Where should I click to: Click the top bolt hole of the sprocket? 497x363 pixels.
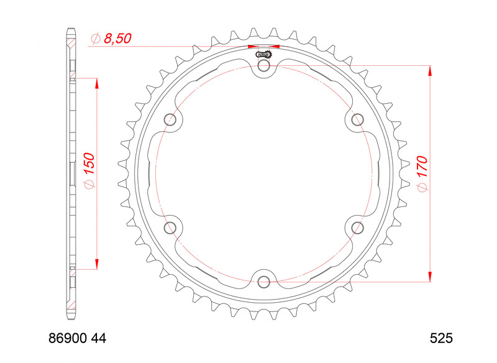(x=264, y=66)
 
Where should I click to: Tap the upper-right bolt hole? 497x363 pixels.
(x=357, y=119)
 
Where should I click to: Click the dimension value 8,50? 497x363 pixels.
(x=117, y=39)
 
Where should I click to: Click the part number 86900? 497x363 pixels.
(x=68, y=339)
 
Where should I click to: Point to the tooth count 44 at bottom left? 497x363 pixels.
(x=99, y=339)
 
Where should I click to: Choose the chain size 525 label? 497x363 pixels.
(x=441, y=339)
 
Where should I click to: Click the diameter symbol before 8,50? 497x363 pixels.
(x=95, y=39)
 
